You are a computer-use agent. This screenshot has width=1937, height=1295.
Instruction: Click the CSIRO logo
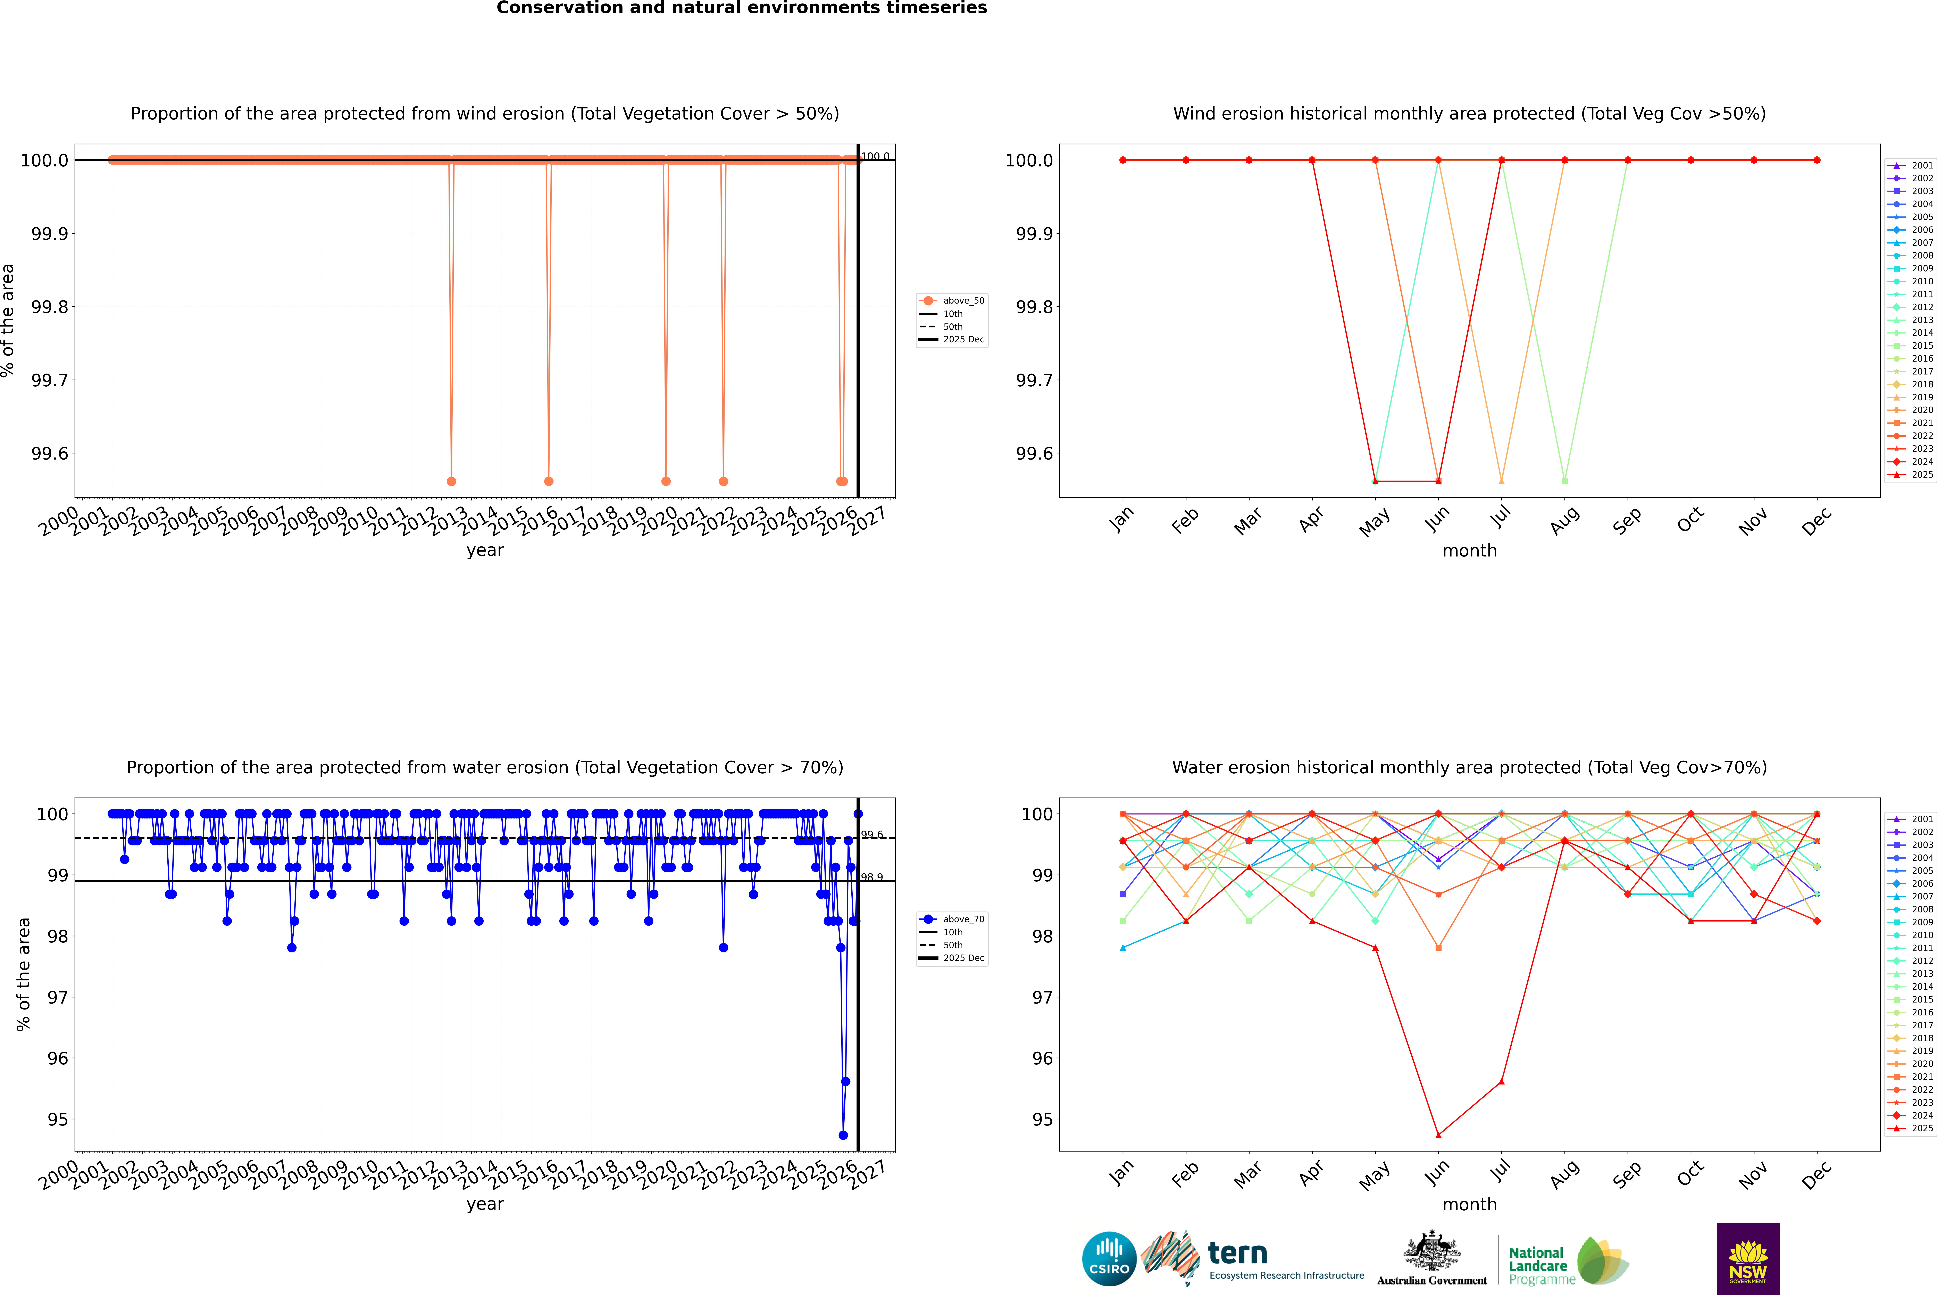tap(1109, 1259)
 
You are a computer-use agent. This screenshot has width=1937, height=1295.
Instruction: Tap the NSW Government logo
tap(1748, 1259)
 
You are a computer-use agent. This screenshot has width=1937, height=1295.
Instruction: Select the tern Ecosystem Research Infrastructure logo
tap(1253, 1259)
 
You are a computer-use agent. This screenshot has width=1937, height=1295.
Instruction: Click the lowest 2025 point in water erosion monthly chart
tap(1438, 1135)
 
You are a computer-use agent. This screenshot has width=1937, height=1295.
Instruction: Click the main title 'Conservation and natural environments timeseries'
tap(741, 8)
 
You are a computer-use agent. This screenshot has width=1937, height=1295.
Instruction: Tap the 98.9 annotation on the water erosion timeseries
tap(872, 877)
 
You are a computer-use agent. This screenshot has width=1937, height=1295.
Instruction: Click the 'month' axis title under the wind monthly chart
tap(1469, 551)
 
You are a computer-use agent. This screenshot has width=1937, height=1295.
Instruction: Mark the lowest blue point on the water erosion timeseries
tap(843, 1135)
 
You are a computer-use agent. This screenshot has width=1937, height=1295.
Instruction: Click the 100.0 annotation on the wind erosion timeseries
tap(875, 156)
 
